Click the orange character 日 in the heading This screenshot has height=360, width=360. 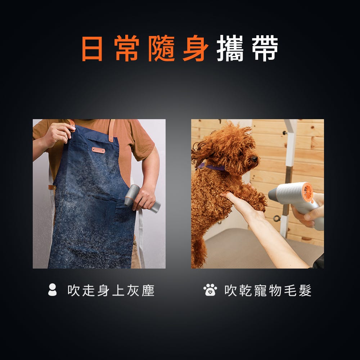click(x=92, y=48)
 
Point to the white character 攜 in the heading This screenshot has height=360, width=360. click(x=230, y=48)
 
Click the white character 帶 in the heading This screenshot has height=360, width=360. click(x=265, y=48)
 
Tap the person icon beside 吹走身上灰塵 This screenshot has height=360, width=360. click(x=52, y=289)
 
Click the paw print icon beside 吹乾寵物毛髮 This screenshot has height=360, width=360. click(x=210, y=290)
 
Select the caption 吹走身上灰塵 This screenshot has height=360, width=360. click(x=111, y=291)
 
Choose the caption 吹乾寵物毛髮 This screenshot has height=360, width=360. click(x=268, y=291)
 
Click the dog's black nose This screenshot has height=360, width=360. click(x=254, y=158)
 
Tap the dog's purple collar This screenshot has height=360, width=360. click(x=211, y=167)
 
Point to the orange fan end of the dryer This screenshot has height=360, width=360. click(x=307, y=192)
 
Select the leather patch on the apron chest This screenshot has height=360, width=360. click(x=98, y=150)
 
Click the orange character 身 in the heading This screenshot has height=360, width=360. click(x=195, y=48)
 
